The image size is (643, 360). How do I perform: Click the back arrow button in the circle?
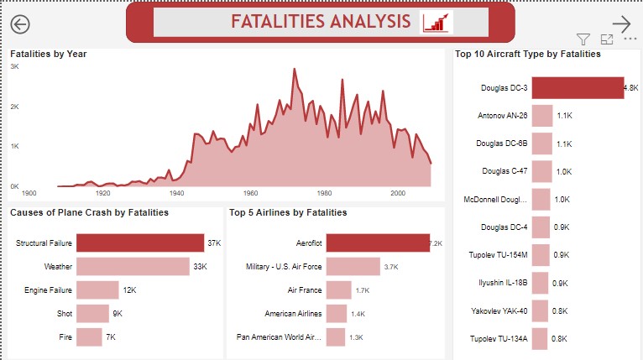[20, 23]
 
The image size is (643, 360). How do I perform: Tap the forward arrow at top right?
[621, 23]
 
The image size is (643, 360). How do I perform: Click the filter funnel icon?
[583, 39]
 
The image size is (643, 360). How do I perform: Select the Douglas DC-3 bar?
[578, 88]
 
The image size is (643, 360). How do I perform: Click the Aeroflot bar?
[378, 243]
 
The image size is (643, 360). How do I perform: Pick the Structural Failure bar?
[140, 243]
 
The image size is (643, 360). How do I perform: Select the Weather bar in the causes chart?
[133, 266]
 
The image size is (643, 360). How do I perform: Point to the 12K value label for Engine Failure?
[130, 290]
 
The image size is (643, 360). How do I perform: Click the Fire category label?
[64, 337]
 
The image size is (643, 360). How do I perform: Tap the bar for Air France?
[338, 290]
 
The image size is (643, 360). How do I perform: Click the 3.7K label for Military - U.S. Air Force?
[391, 266]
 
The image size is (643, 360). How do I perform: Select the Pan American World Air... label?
[280, 337]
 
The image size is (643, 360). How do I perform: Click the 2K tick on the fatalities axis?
[14, 106]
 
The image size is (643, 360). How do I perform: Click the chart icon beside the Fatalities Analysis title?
[436, 23]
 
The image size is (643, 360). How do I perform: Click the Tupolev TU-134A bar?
[540, 339]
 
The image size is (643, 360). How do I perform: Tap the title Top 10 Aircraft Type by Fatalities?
[527, 54]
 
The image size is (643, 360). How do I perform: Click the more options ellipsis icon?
[630, 39]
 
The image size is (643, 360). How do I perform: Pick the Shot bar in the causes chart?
[92, 313]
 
